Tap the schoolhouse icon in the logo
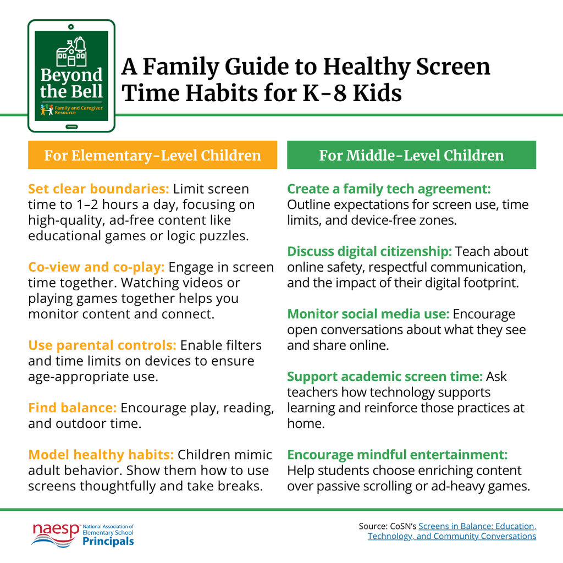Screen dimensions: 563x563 pos(71,53)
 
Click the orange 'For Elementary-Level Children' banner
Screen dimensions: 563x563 pos(152,155)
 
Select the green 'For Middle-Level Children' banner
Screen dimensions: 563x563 pos(411,155)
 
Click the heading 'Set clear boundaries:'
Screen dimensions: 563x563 pos(98,189)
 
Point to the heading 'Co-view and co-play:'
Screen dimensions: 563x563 pos(96,267)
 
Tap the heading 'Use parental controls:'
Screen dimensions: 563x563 pos(102,345)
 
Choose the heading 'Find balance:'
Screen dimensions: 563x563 pos(72,408)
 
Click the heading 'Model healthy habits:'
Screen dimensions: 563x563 pos(101,455)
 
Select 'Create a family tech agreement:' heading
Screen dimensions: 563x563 pos(389,189)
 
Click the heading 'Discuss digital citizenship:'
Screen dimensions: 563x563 pos(369,252)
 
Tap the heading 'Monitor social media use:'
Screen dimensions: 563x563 pos(368,314)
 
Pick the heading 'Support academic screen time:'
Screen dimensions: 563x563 pos(385,377)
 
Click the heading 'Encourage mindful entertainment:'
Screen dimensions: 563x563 pos(397,455)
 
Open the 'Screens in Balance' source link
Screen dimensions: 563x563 pos(477,526)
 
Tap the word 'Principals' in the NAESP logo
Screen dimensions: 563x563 pos(108,542)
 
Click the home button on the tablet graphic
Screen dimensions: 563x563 pos(71,126)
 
